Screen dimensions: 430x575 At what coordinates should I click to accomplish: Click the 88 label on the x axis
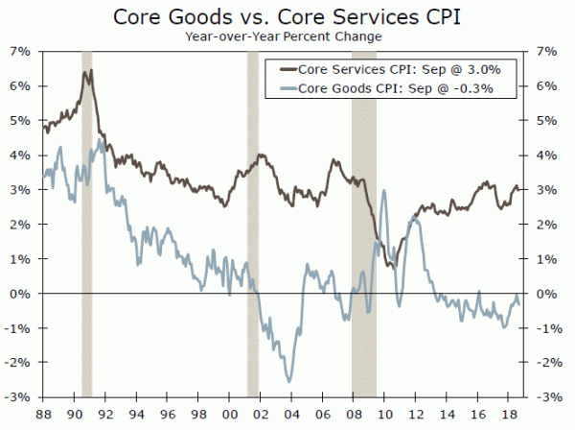[x=43, y=414]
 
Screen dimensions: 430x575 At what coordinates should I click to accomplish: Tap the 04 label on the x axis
[x=285, y=414]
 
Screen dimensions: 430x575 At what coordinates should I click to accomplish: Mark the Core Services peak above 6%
[x=88, y=71]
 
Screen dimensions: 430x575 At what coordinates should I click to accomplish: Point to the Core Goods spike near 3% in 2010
[x=384, y=190]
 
